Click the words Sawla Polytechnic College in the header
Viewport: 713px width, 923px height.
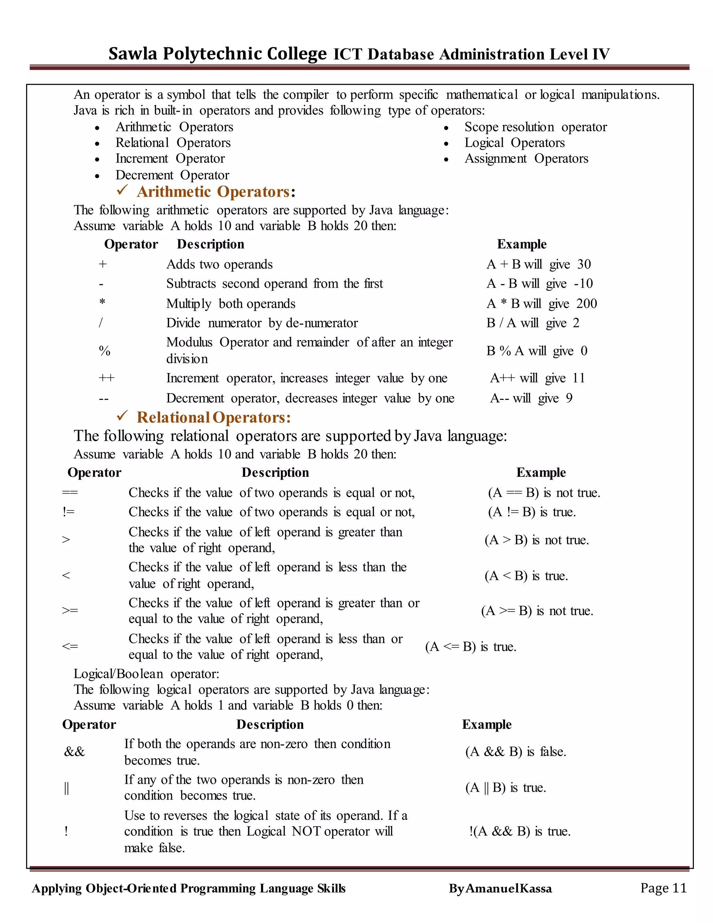click(x=217, y=54)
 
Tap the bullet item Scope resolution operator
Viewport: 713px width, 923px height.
click(x=535, y=127)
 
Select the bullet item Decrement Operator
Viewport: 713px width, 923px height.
click(x=172, y=175)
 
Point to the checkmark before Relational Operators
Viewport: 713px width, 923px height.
click(x=122, y=416)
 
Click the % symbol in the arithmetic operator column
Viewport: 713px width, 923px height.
click(x=104, y=351)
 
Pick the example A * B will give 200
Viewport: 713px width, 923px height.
click(x=541, y=303)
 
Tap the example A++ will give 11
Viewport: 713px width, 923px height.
click(x=537, y=378)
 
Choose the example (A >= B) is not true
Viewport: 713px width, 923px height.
click(x=537, y=611)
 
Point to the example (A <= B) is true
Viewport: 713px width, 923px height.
click(x=471, y=646)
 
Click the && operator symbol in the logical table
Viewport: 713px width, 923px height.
click(x=75, y=751)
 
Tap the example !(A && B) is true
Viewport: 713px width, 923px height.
click(x=519, y=831)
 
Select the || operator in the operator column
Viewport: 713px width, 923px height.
click(x=66, y=788)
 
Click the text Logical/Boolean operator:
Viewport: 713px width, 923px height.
click(x=146, y=674)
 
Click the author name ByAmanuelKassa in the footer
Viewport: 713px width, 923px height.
click(x=500, y=889)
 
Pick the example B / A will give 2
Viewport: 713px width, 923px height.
click(x=533, y=323)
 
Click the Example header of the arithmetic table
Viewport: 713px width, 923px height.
click(x=522, y=244)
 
